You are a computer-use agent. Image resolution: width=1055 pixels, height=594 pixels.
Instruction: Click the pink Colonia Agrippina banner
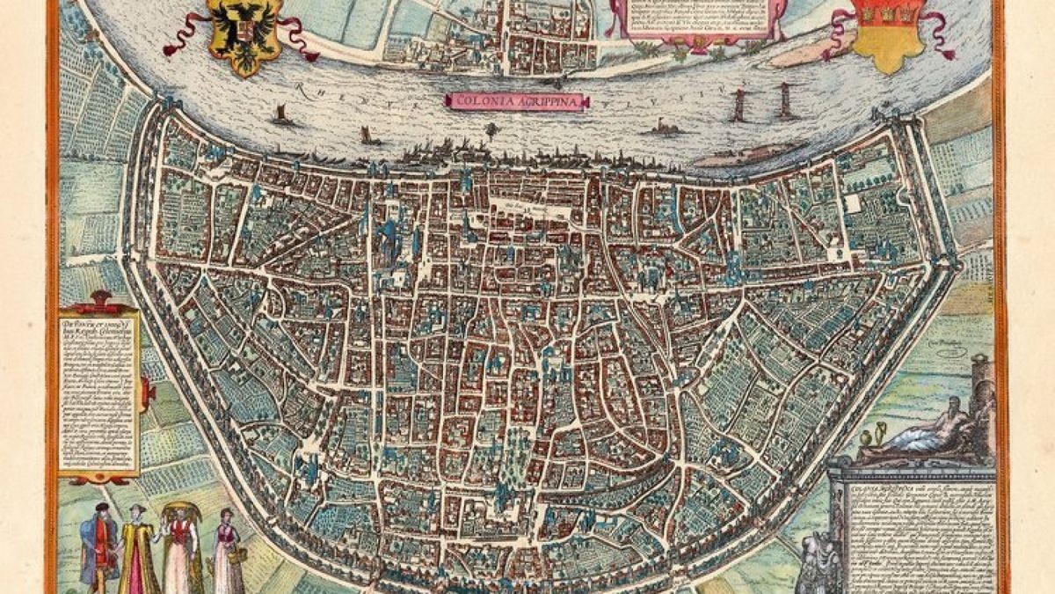tap(502, 100)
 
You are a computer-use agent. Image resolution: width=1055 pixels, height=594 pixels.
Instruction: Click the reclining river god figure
tap(923, 431)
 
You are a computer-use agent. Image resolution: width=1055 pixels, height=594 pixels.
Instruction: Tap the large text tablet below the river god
tap(914, 528)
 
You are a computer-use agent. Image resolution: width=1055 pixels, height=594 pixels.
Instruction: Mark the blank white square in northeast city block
tap(852, 203)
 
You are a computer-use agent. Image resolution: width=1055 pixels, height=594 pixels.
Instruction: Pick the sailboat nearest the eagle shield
tap(281, 114)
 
